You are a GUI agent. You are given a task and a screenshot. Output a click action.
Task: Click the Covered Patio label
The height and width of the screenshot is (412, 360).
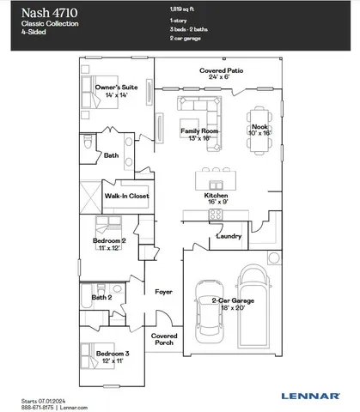pyautogui.click(x=220, y=72)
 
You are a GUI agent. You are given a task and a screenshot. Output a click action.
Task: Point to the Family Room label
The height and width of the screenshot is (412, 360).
pyautogui.click(x=200, y=134)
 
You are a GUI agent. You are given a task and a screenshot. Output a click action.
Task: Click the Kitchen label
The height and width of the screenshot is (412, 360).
pyautogui.click(x=217, y=199)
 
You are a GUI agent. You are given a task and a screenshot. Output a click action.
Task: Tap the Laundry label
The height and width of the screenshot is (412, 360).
pyautogui.click(x=229, y=235)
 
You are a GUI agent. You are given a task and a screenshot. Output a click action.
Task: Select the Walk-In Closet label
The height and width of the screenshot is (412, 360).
pyautogui.click(x=127, y=197)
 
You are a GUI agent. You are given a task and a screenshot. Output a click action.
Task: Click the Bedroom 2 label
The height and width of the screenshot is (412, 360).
pyautogui.click(x=111, y=245)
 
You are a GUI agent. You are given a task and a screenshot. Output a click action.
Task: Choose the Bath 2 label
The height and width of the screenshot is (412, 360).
pyautogui.click(x=103, y=297)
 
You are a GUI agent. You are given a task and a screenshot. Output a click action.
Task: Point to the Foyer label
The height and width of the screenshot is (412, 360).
pyautogui.click(x=163, y=292)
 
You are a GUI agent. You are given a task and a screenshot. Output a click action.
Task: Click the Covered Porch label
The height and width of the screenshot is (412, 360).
pyautogui.click(x=164, y=340)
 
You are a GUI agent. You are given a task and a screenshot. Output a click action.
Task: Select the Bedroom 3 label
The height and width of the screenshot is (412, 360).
pyautogui.click(x=113, y=356)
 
